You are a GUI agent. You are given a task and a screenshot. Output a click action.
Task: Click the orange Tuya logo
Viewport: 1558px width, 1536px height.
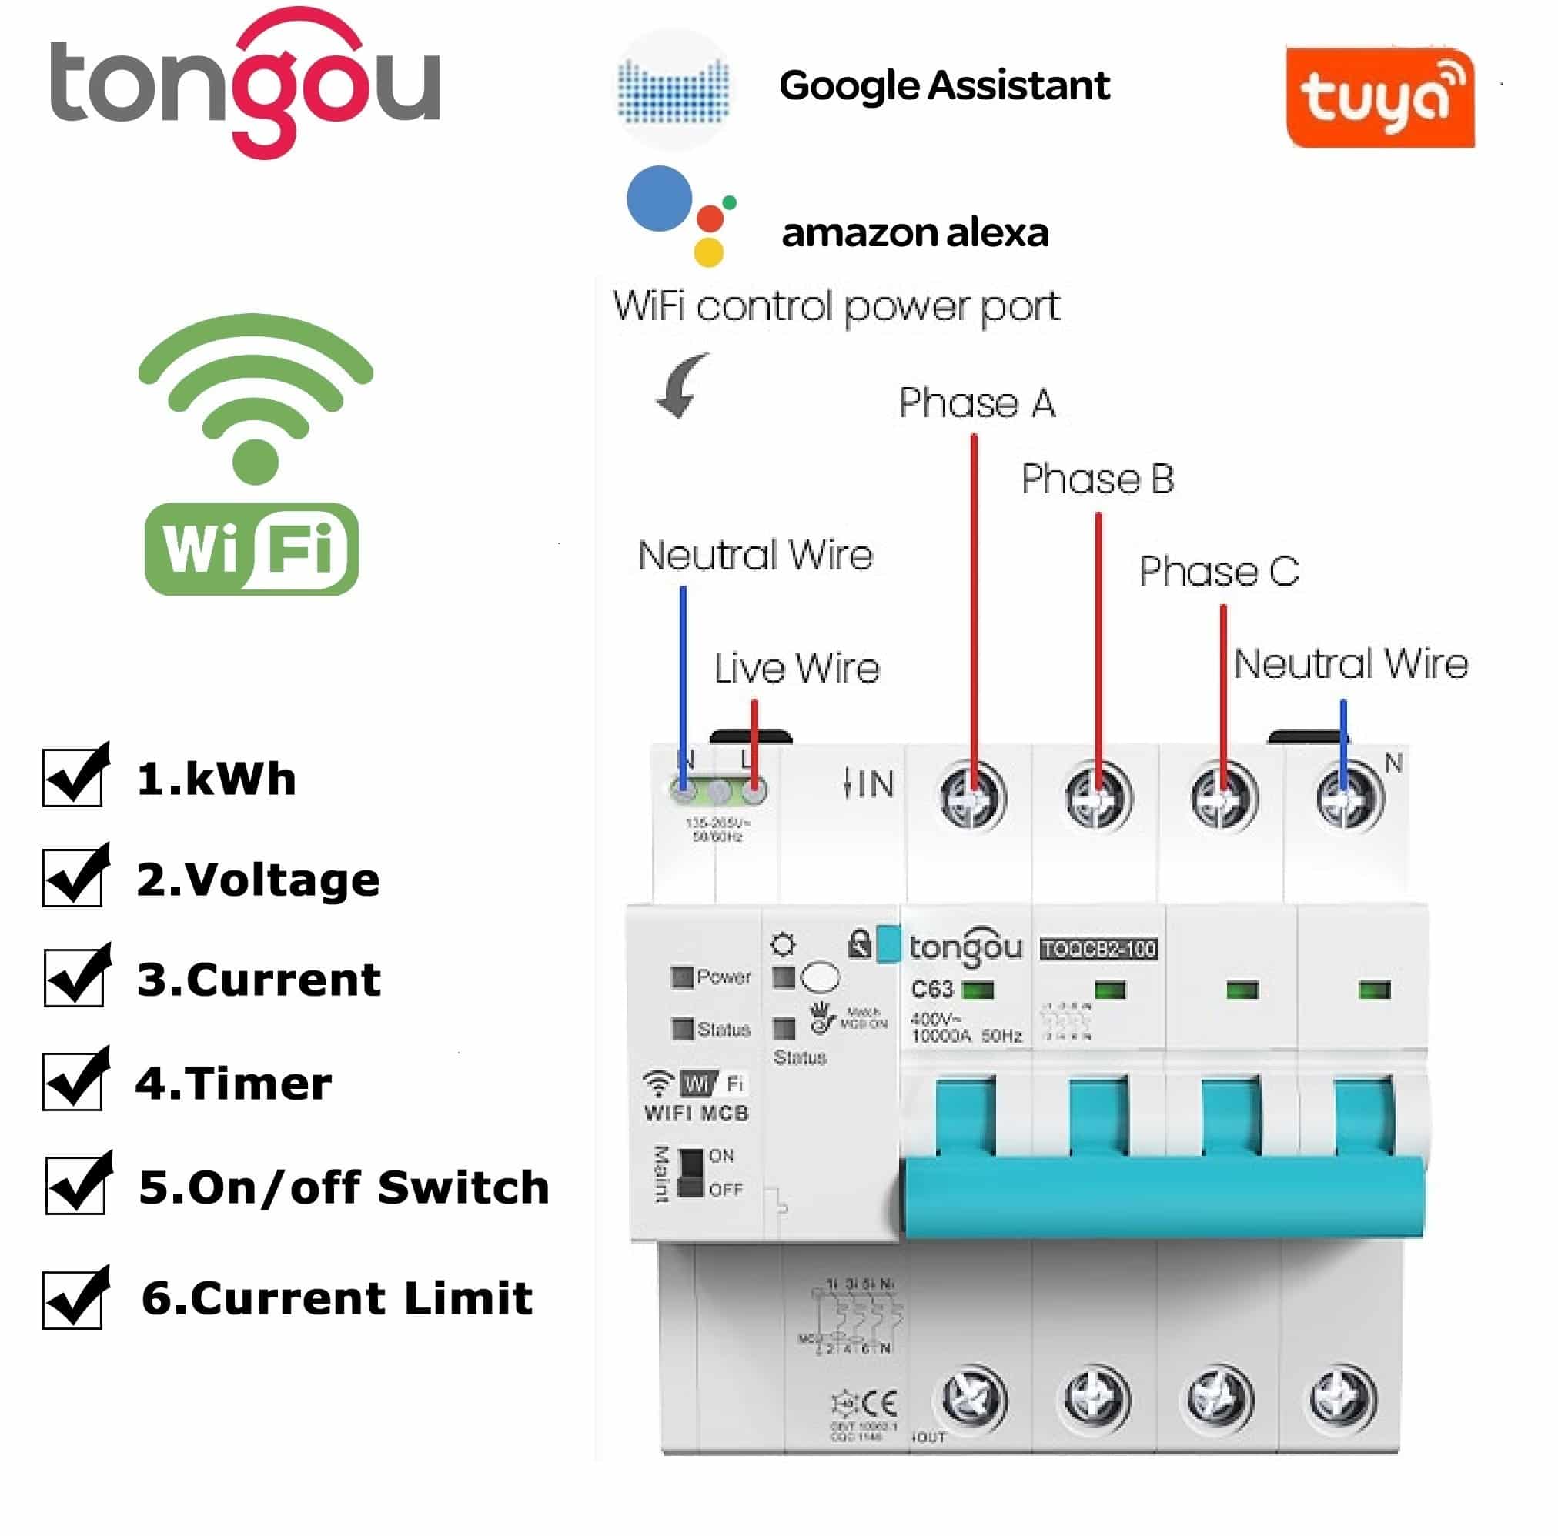point(1379,99)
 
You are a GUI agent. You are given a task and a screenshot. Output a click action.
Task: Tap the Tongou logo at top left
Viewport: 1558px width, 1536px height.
point(245,82)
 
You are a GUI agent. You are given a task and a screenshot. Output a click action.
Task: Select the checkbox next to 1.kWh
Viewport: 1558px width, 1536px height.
point(73,776)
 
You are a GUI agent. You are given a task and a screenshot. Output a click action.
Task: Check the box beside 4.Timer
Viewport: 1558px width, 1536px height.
point(73,1080)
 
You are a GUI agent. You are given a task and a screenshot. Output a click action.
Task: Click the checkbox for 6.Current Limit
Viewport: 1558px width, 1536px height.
point(73,1298)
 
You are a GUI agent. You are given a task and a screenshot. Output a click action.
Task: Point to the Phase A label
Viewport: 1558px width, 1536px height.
point(977,403)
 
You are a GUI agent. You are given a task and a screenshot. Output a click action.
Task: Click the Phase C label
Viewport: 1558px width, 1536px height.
point(1219,572)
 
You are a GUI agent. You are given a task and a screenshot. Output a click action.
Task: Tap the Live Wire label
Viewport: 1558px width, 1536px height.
point(796,669)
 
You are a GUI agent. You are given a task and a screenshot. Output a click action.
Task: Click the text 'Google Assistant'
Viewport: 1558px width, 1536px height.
point(944,85)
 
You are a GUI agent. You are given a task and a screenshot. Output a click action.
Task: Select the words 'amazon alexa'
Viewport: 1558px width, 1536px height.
point(915,233)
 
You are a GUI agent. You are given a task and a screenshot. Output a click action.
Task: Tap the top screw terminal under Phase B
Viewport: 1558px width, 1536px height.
point(1098,796)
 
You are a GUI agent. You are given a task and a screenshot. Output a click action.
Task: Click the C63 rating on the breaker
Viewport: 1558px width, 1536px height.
point(932,990)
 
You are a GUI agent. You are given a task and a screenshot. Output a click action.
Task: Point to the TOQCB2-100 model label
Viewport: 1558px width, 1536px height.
point(1098,949)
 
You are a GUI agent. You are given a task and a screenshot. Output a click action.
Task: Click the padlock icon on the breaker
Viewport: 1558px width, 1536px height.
point(860,943)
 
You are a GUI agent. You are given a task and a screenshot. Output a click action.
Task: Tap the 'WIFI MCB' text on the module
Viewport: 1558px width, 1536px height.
point(697,1114)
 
